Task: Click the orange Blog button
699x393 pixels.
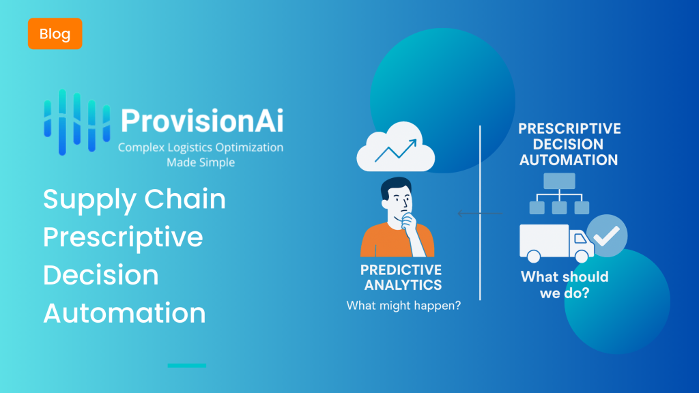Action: pos(55,33)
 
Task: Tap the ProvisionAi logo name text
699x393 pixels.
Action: pos(202,121)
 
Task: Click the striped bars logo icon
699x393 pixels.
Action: pos(76,122)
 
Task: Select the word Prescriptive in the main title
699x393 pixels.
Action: pos(123,237)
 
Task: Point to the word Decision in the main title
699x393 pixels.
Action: pos(101,275)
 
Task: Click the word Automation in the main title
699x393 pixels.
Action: pos(124,312)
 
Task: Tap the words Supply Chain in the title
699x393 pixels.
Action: pos(134,199)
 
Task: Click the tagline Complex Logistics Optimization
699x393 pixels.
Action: pos(201,147)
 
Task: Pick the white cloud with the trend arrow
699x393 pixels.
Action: pos(396,147)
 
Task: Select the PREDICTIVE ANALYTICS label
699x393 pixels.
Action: pos(401,277)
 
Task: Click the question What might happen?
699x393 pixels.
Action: pos(403,306)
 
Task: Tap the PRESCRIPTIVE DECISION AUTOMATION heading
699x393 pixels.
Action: pos(569,145)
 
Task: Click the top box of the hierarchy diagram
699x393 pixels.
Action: pos(560,181)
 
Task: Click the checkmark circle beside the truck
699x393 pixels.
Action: pos(607,235)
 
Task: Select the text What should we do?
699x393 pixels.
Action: pos(565,285)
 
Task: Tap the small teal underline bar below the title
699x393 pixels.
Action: pos(187,366)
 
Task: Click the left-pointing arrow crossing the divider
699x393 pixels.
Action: pos(480,214)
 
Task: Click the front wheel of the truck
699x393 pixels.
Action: pos(582,257)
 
